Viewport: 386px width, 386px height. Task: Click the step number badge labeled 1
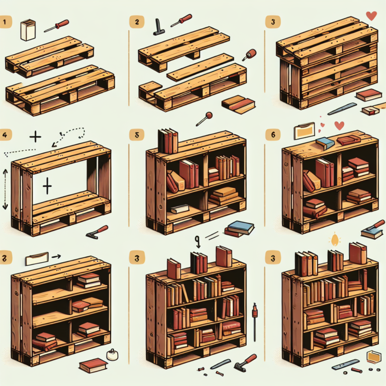pos(6,22)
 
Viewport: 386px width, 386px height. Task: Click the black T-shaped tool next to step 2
pos(158,26)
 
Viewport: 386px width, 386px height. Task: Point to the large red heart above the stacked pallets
pos(371,16)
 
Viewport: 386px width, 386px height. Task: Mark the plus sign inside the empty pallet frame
pos(47,187)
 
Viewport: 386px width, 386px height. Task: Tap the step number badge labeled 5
pos(134,135)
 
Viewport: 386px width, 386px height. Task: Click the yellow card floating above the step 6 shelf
pos(305,131)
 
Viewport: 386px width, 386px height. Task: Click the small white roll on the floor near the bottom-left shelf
pos(112,356)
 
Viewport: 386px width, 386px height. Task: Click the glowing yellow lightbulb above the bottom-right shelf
pos(334,240)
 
